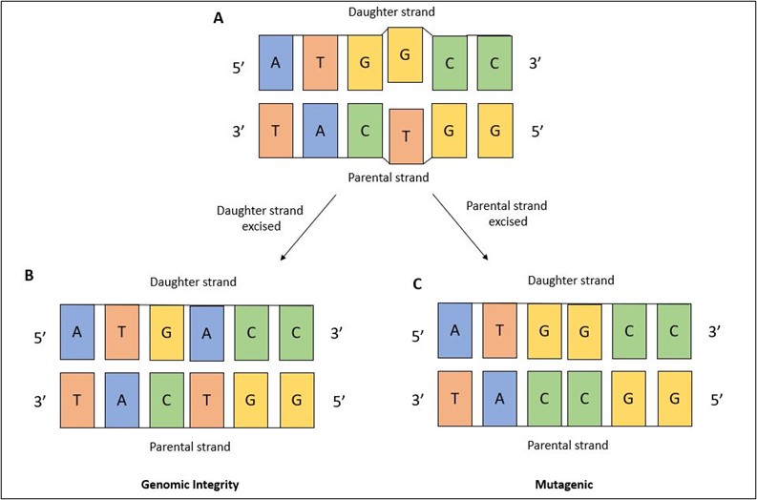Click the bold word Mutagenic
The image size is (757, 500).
point(565,485)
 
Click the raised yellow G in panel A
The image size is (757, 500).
point(406,53)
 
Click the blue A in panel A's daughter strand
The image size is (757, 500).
point(276,63)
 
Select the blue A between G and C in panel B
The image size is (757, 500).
point(208,333)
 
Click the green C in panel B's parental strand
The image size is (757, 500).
point(166,399)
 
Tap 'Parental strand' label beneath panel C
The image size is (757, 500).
point(568,446)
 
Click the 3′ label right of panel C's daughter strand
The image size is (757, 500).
point(717,335)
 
